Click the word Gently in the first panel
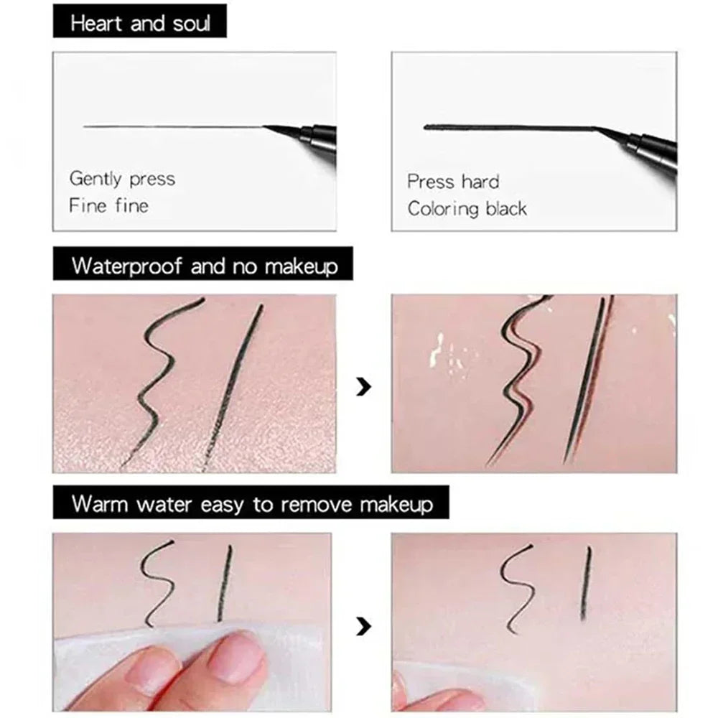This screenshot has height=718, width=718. click(x=96, y=179)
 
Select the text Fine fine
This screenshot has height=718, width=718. click(x=108, y=206)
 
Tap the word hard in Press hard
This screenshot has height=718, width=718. click(x=480, y=182)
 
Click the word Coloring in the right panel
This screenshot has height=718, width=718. click(x=444, y=209)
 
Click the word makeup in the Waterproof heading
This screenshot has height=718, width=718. click(x=301, y=267)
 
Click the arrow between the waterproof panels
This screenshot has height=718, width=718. click(x=364, y=388)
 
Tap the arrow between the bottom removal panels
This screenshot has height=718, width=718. click(x=364, y=627)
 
